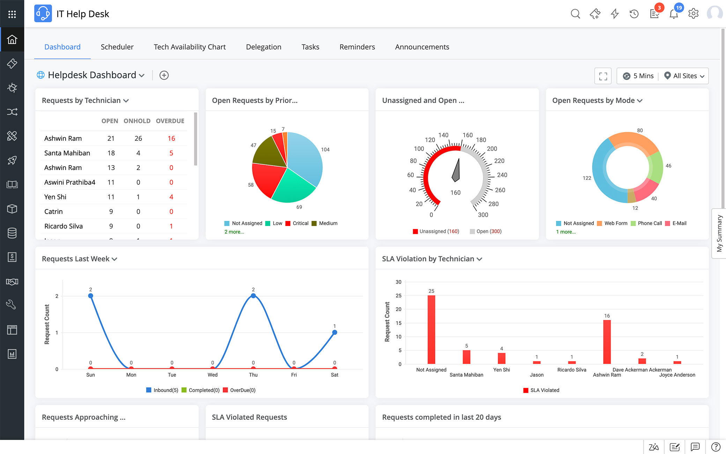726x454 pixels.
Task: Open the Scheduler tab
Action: [x=117, y=47]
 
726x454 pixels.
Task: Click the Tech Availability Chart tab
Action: [x=190, y=47]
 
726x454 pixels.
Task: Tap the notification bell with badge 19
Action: [x=674, y=14]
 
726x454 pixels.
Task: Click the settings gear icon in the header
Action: [x=693, y=14]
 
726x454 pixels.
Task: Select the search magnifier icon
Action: [x=575, y=14]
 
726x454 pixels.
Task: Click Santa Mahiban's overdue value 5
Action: [x=171, y=153]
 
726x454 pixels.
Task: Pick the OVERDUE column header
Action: [x=170, y=121]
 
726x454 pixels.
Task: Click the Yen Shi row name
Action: [x=55, y=197]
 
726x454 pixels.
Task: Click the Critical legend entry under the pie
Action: [x=297, y=224]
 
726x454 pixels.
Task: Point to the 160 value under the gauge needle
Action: [x=455, y=193]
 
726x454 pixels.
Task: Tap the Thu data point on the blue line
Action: [x=253, y=296]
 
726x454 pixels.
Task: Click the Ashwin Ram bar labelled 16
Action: [x=607, y=342]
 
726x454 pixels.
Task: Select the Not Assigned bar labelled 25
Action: [x=431, y=329]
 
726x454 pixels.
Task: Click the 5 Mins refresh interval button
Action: [x=638, y=76]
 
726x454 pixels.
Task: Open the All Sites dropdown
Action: [x=684, y=76]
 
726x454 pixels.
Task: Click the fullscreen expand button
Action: [x=603, y=76]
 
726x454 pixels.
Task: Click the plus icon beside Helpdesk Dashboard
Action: [x=164, y=75]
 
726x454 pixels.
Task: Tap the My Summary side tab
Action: [x=719, y=233]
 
